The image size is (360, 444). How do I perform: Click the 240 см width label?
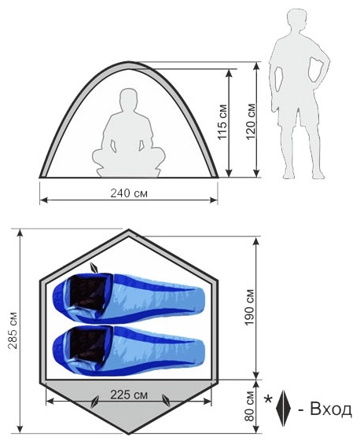(x=129, y=193)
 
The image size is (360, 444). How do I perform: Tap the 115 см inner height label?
(x=222, y=122)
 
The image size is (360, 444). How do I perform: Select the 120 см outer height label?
(x=251, y=122)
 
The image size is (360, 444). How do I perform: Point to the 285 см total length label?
(x=13, y=330)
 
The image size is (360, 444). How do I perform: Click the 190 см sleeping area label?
(x=249, y=307)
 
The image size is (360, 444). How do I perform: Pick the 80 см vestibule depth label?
(x=249, y=406)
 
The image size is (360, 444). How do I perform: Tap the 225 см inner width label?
(x=129, y=394)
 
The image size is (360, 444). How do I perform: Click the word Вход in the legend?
(x=331, y=409)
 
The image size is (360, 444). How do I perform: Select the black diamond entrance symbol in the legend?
(x=283, y=409)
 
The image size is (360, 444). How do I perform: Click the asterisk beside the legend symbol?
(x=268, y=399)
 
